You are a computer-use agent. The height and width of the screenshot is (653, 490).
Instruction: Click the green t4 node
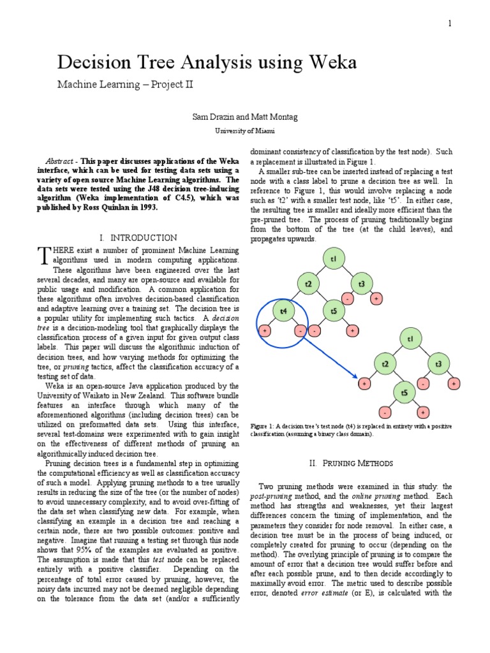click(283, 311)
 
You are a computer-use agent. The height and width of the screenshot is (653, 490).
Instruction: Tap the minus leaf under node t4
click(299, 332)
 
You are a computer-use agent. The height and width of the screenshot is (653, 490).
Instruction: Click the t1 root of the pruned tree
click(410, 339)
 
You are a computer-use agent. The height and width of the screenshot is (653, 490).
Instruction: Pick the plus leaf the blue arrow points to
click(364, 384)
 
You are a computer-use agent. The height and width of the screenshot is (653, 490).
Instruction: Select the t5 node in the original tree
click(334, 311)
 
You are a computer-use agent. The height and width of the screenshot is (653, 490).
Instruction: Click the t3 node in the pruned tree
click(438, 364)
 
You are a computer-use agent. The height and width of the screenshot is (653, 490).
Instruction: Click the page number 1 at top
click(449, 24)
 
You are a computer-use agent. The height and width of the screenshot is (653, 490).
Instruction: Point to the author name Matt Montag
click(275, 117)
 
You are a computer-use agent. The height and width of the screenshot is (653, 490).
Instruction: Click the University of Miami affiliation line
click(244, 131)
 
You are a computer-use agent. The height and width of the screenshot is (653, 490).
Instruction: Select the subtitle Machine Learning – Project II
click(125, 84)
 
